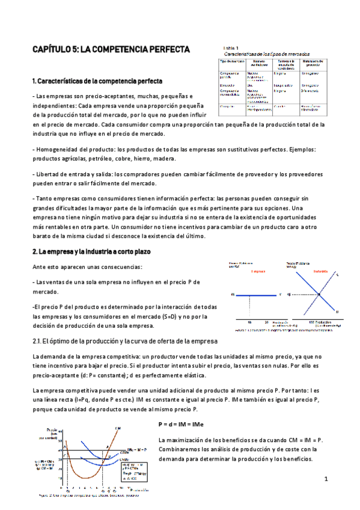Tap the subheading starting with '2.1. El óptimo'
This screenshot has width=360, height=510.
coord(120,342)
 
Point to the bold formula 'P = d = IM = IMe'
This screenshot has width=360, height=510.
coord(181,425)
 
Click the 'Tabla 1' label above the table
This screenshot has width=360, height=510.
coord(232,48)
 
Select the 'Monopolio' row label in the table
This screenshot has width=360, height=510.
coord(229,85)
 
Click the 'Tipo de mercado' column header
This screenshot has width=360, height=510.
coord(230,62)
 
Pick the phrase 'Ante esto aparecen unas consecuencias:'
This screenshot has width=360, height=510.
coord(88,266)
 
